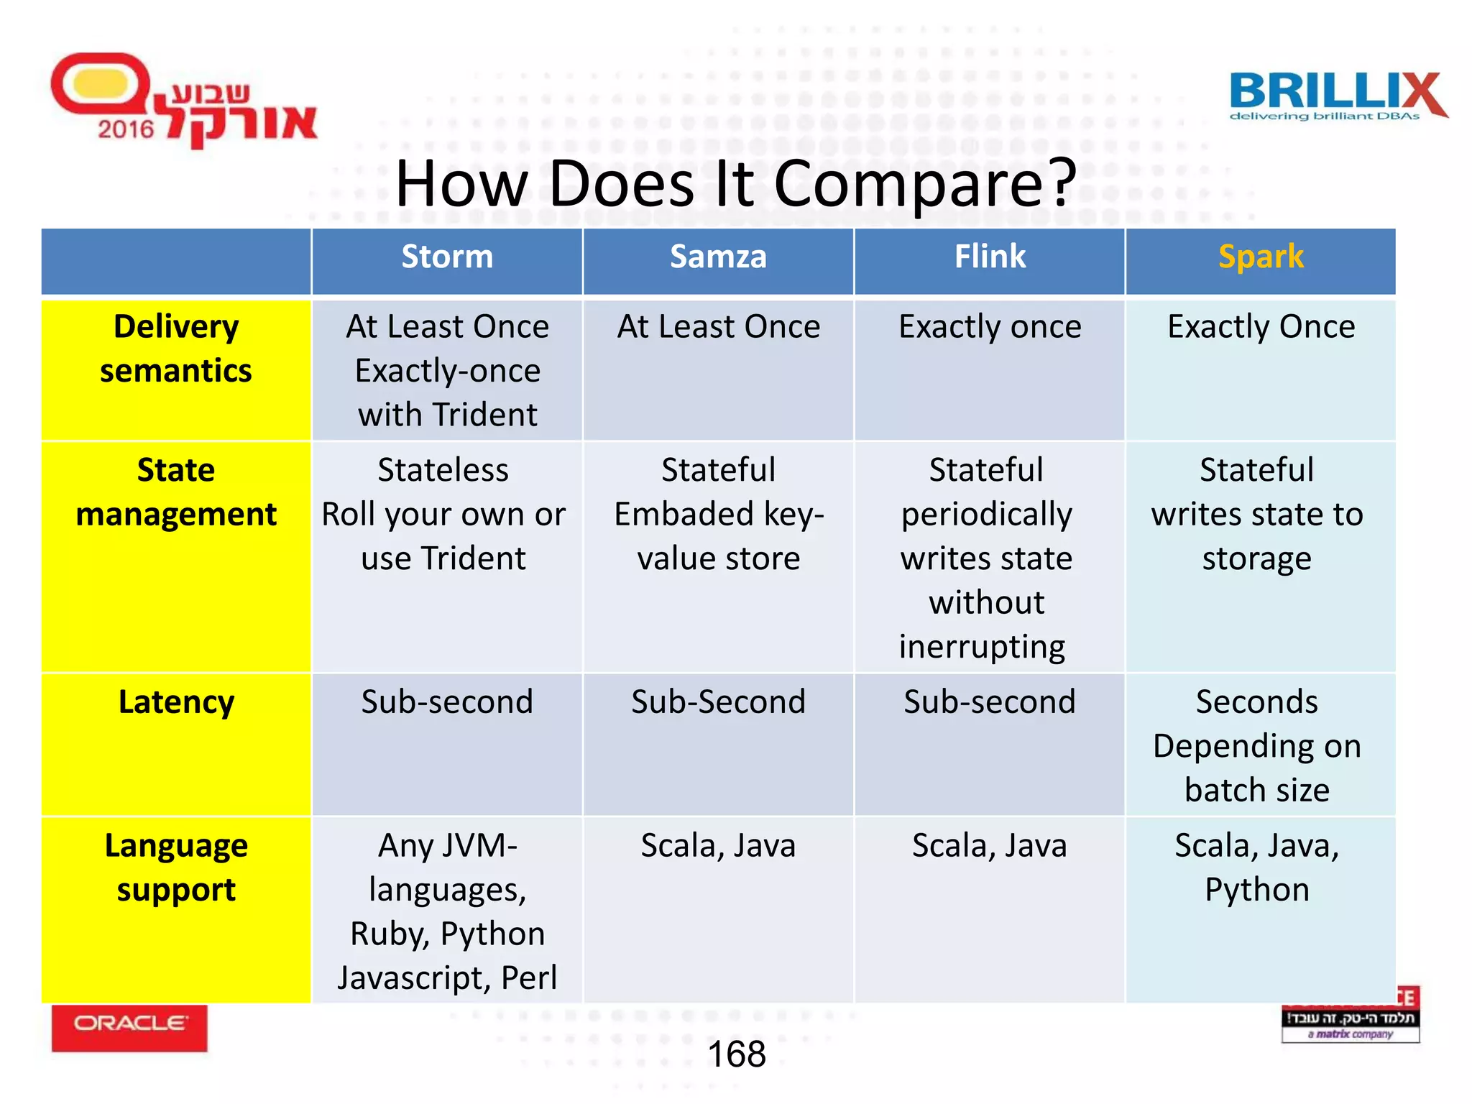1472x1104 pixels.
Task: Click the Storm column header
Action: pyautogui.click(x=447, y=257)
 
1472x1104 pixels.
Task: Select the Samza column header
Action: pyautogui.click(x=718, y=257)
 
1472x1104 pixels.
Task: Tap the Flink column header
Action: pyautogui.click(x=990, y=257)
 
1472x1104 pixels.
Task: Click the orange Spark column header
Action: pyautogui.click(x=1261, y=257)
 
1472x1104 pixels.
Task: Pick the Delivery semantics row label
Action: pyautogui.click(x=176, y=349)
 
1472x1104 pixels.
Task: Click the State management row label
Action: pyautogui.click(x=176, y=492)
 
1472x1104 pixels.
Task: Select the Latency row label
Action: pyautogui.click(x=176, y=702)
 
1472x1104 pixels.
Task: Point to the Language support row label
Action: pyautogui.click(x=176, y=868)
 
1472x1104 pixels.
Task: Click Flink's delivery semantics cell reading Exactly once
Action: pyautogui.click(x=990, y=327)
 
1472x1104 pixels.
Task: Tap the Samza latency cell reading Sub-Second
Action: pyautogui.click(x=718, y=702)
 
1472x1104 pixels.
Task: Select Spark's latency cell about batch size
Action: pyautogui.click(x=1257, y=746)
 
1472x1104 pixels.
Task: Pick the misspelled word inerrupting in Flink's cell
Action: pyautogui.click(x=982, y=646)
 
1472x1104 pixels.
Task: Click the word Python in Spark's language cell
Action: pyautogui.click(x=1257, y=890)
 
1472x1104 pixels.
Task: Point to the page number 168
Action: pyautogui.click(x=737, y=1054)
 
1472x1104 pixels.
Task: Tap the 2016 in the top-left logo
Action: pyautogui.click(x=126, y=129)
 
